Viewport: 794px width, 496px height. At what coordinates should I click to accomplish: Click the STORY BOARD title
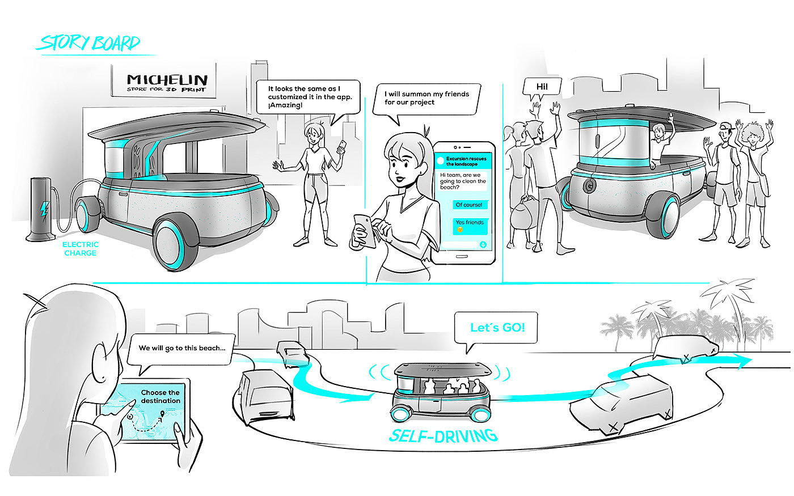click(89, 43)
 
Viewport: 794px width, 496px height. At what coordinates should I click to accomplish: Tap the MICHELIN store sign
click(167, 82)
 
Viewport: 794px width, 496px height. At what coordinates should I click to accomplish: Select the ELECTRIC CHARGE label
click(80, 249)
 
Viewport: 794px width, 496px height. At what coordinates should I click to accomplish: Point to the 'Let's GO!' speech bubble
click(497, 328)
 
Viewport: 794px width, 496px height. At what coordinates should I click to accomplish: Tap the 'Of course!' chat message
click(469, 205)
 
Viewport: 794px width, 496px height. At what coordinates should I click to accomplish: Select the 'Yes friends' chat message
click(470, 223)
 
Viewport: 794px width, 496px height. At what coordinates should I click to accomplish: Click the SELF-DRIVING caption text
click(442, 435)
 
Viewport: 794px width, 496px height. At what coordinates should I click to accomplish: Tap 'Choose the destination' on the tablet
click(160, 396)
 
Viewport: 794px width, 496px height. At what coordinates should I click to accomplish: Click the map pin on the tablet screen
click(163, 416)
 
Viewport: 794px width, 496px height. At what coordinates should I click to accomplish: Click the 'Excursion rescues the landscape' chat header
click(466, 161)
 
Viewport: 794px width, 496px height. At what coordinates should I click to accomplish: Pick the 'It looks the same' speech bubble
click(309, 97)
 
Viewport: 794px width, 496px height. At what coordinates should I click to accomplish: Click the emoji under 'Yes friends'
click(460, 230)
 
